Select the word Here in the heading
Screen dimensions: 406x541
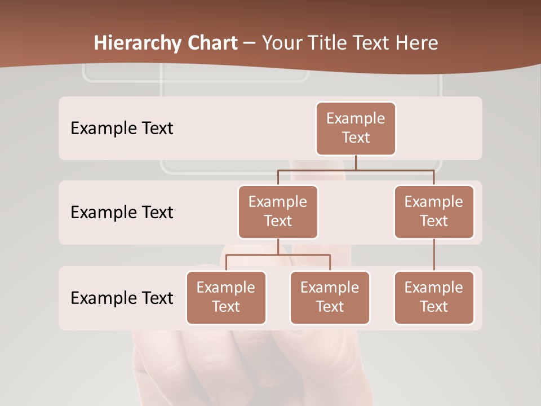[x=416, y=43]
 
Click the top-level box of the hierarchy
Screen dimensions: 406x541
[x=356, y=129]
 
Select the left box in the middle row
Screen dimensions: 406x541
[x=278, y=212]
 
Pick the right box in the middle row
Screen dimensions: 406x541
[x=434, y=212]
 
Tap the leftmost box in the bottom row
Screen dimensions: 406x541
[x=226, y=298]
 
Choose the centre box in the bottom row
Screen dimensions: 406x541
[x=330, y=298]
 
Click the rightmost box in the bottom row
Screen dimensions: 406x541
[x=434, y=298]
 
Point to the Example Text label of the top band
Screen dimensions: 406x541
[x=122, y=129]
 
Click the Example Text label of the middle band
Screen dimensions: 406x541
[x=122, y=213]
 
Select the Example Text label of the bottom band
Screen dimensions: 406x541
[x=122, y=298]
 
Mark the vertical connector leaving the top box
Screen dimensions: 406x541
[x=356, y=162]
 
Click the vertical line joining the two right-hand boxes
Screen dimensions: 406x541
[x=434, y=255]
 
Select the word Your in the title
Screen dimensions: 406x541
[x=281, y=43]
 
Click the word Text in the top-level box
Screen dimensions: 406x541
[x=356, y=138]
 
